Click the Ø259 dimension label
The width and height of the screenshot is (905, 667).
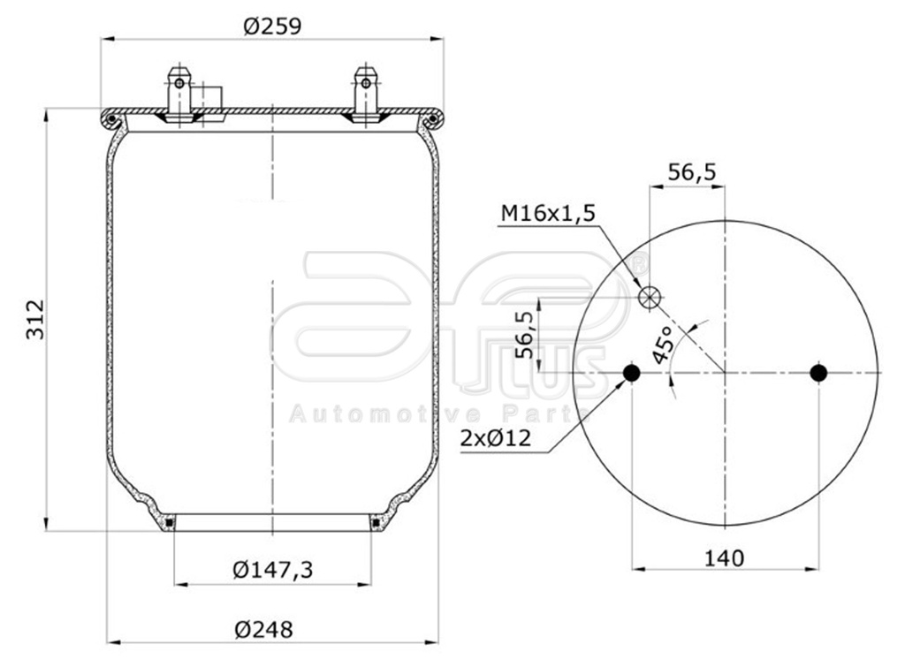(272, 27)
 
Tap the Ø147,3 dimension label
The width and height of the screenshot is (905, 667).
(273, 570)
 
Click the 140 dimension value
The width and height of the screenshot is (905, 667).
(724, 557)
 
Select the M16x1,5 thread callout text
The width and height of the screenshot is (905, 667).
(549, 213)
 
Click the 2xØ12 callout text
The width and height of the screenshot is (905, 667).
(499, 437)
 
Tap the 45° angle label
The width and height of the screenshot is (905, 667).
(663, 345)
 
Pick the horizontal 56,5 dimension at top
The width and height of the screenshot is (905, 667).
(691, 172)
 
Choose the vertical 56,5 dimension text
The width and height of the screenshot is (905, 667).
(524, 334)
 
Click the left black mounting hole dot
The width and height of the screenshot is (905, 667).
(631, 374)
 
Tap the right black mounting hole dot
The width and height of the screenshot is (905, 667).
(818, 374)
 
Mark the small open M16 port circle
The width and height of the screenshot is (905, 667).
(650, 298)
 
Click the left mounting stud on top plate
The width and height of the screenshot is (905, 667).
(179, 95)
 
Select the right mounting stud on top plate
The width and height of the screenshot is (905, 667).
(364, 95)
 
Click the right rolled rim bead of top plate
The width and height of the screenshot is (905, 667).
(432, 118)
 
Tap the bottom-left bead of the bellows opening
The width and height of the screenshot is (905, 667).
(168, 525)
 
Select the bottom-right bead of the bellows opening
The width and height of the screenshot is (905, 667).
(376, 525)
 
